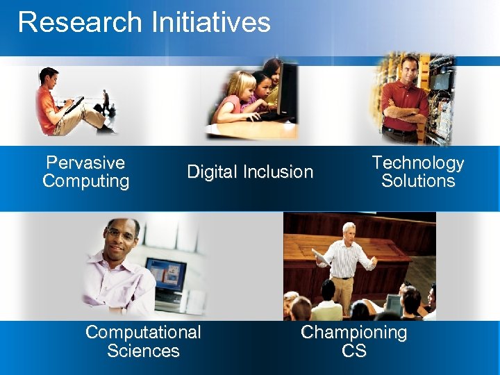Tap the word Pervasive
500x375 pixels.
(85, 162)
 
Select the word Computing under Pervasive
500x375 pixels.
(85, 181)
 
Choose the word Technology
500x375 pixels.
(417, 163)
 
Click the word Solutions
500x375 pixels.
(417, 181)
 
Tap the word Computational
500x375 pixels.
(143, 333)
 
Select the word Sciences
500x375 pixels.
(143, 351)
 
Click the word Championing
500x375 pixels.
(353, 333)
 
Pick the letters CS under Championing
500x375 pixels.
(353, 351)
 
